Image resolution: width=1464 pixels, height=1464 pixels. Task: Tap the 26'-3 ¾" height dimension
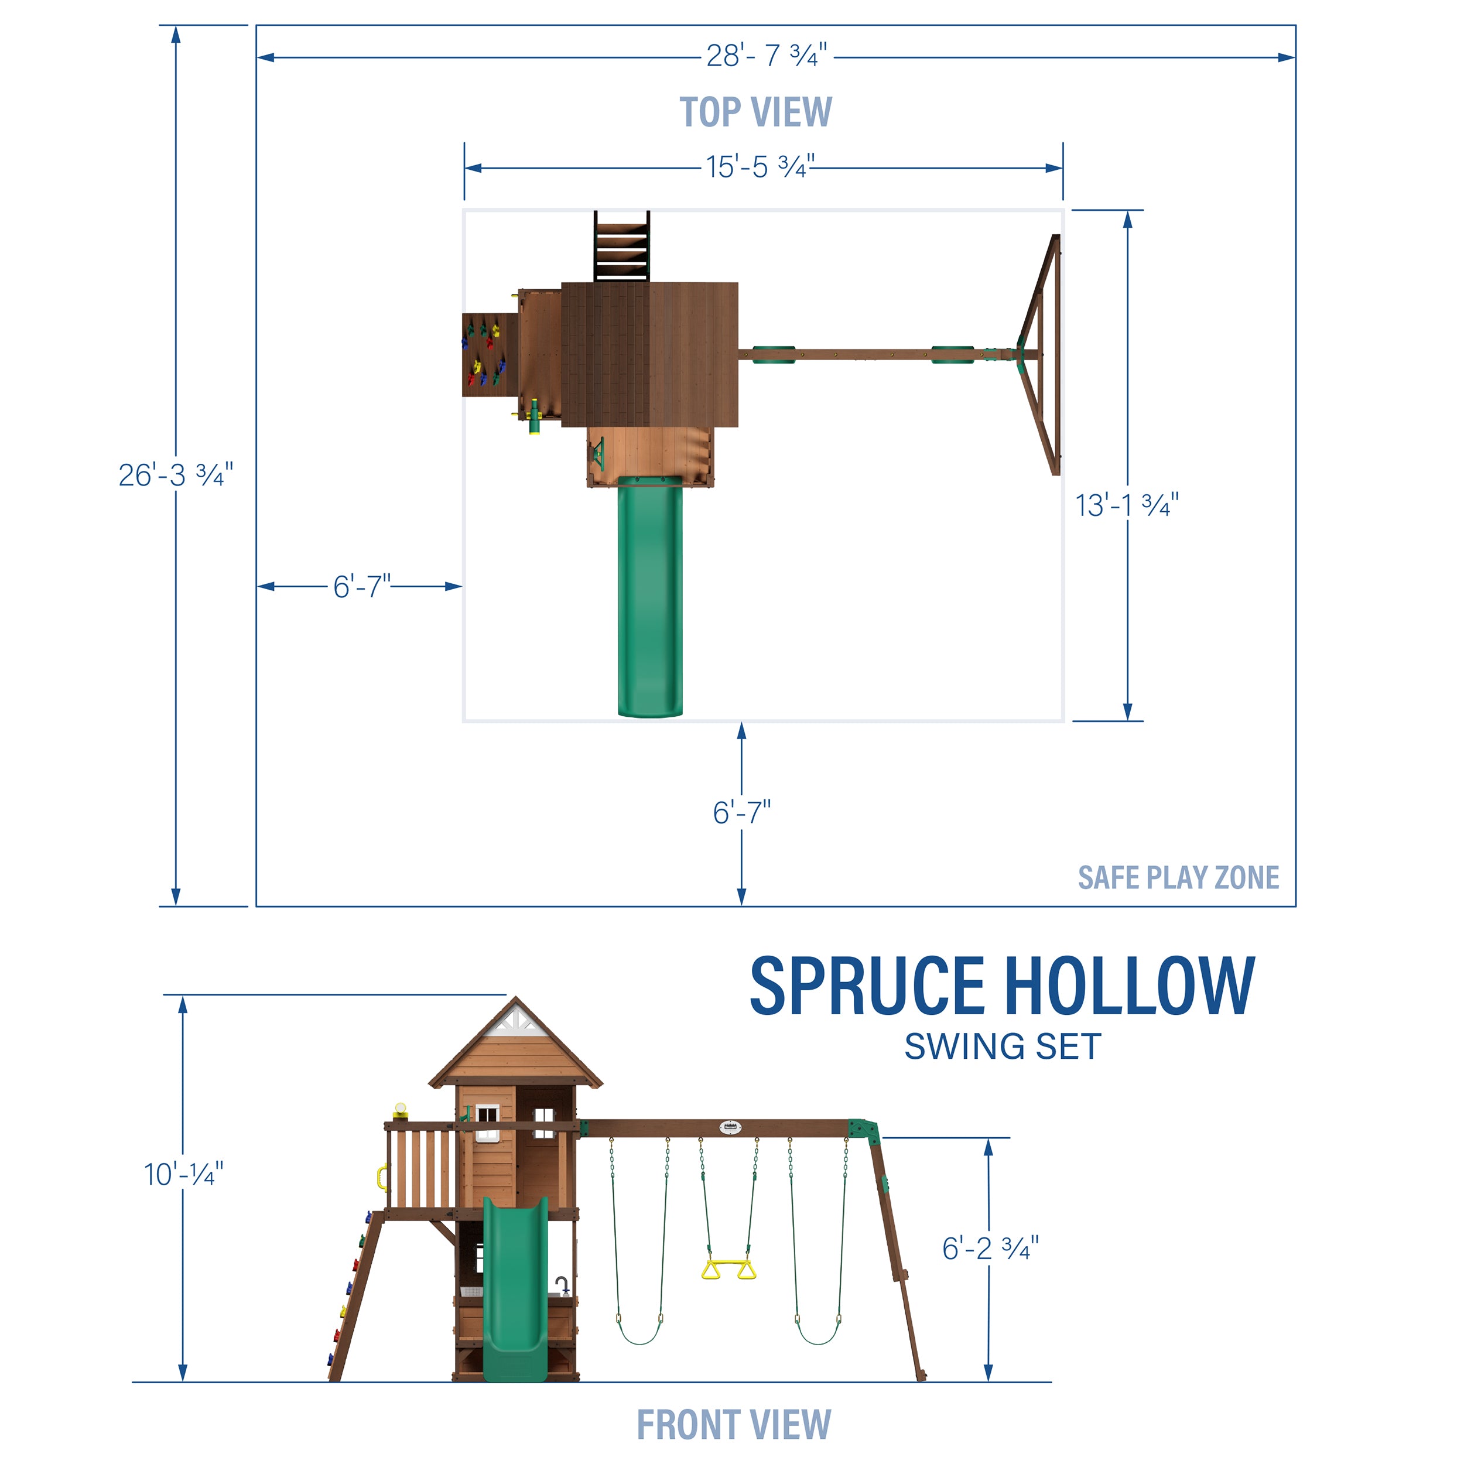(x=176, y=475)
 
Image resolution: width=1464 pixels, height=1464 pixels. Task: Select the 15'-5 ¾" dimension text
(x=760, y=167)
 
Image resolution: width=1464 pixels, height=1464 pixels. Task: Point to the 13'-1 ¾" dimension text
(x=1127, y=505)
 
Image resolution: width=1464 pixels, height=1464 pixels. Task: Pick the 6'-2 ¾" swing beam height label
(x=990, y=1248)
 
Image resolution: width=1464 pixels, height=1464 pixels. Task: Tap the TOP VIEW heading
(x=755, y=112)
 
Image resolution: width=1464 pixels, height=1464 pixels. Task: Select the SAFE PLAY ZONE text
(x=1178, y=877)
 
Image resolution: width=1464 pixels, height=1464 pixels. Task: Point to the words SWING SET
(x=1003, y=1046)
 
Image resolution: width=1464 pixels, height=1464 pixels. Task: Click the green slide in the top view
(x=649, y=598)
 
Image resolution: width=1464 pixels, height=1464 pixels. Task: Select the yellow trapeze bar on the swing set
(x=729, y=1269)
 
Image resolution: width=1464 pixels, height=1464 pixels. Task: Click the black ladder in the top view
(x=621, y=247)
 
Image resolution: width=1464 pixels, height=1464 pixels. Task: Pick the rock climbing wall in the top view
(x=489, y=355)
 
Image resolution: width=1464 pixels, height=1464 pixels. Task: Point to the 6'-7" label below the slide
(x=741, y=813)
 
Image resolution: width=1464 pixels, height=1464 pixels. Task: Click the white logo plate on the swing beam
(x=729, y=1127)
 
